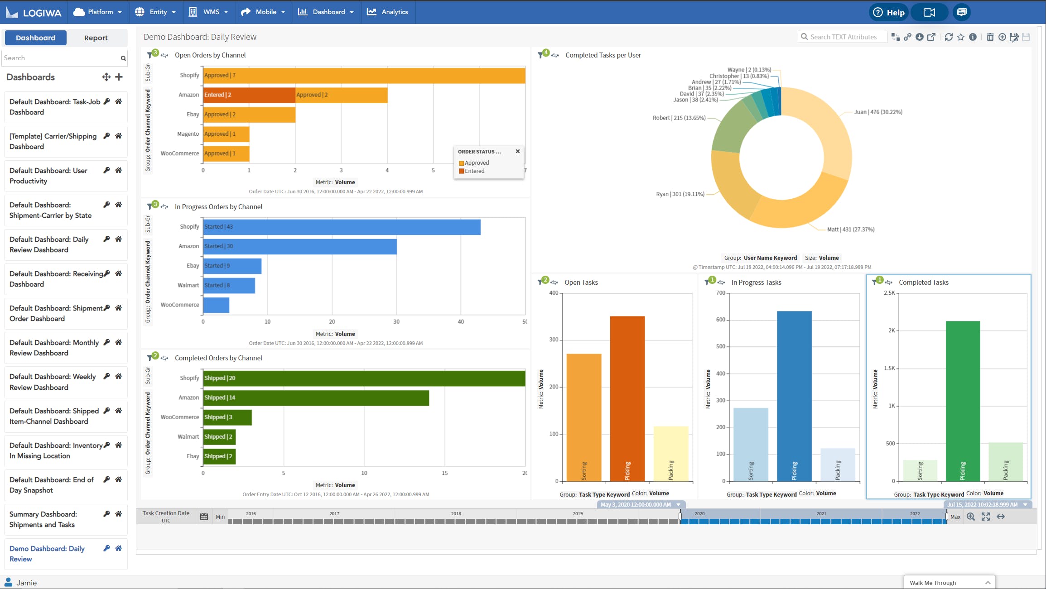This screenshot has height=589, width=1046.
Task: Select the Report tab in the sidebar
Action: pos(96,38)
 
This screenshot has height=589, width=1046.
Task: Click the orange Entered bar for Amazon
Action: pos(249,95)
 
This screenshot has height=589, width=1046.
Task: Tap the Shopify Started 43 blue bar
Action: pos(342,226)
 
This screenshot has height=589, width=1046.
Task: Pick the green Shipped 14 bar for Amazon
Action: pos(316,397)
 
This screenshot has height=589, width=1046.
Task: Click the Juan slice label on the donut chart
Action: pos(878,112)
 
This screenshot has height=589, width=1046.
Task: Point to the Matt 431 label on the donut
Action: pos(850,230)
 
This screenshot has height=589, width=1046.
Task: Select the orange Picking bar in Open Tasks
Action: pos(627,398)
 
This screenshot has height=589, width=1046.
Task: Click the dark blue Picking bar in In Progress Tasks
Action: pos(794,396)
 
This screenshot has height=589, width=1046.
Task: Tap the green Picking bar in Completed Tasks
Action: pos(963,401)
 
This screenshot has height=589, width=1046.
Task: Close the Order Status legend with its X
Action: pos(518,151)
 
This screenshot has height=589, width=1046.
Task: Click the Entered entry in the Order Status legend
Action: pos(474,171)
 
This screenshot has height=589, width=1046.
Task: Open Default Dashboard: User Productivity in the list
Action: pos(48,176)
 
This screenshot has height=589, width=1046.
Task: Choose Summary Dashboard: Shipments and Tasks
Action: pos(43,519)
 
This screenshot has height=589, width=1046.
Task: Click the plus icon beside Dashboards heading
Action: pos(119,77)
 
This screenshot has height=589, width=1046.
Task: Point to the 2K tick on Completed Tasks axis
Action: pos(891,330)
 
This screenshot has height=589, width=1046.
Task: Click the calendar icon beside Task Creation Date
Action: pos(204,517)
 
